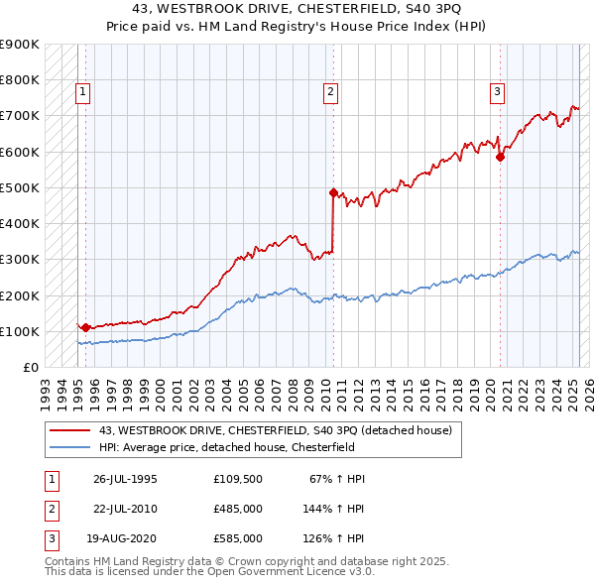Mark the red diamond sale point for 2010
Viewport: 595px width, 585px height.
pos(333,192)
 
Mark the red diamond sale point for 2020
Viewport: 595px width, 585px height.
pos(501,156)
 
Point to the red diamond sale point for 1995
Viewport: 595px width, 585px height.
pos(85,327)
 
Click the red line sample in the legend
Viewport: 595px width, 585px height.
pos(71,430)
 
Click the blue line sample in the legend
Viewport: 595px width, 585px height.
pos(71,446)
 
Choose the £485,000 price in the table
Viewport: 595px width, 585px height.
pos(238,509)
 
